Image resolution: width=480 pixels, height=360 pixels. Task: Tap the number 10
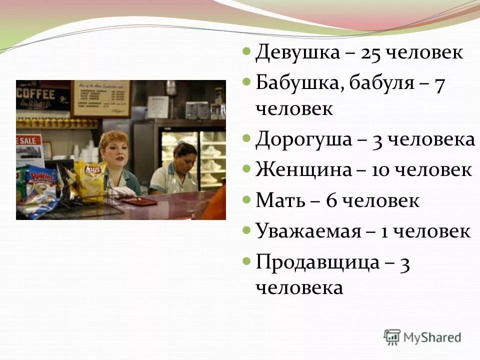(380, 170)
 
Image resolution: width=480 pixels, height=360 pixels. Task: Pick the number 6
(331, 200)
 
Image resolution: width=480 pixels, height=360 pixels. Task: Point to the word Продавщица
(317, 262)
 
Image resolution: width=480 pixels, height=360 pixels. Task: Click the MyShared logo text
(433, 337)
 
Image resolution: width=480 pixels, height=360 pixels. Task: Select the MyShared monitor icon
(392, 336)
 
